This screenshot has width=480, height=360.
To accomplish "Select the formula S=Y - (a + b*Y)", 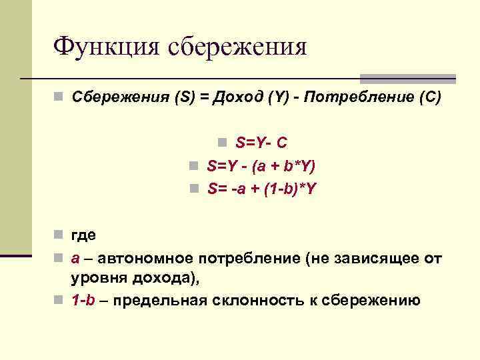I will pos(261,165).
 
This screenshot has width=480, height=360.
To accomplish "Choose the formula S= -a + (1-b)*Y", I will pos(261,189).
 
